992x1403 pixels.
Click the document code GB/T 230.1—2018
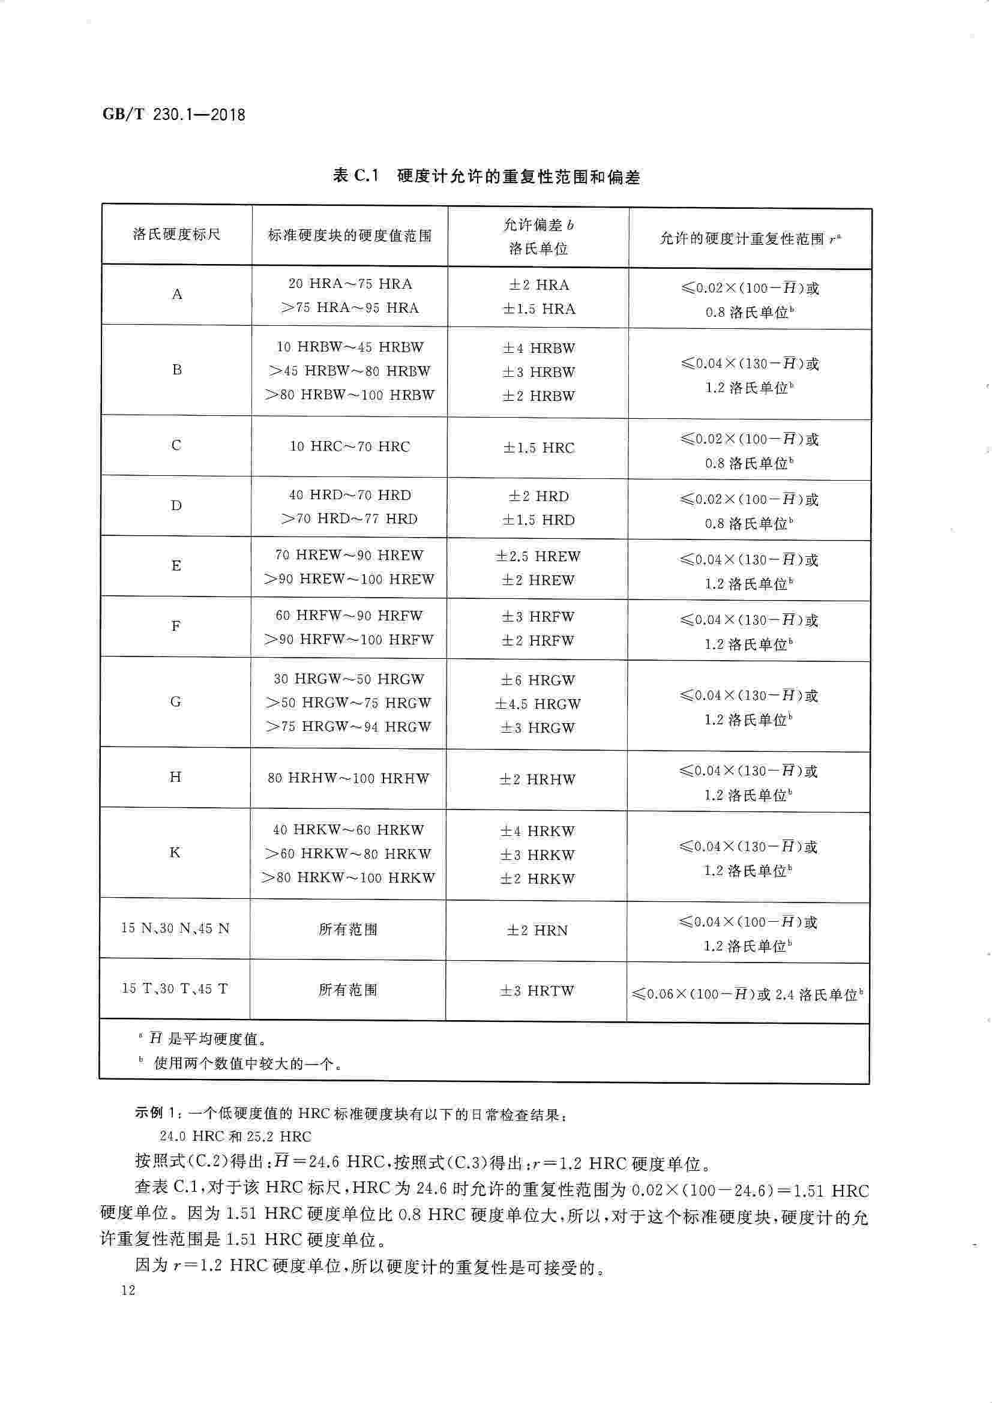(x=173, y=114)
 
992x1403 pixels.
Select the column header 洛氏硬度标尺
(x=176, y=234)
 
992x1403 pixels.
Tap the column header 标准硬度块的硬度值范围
(x=350, y=235)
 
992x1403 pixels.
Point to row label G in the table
(x=175, y=701)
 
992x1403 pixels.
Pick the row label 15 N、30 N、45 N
(x=175, y=928)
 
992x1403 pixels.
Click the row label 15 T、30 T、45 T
(x=175, y=988)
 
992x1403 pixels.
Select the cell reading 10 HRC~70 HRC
(x=349, y=446)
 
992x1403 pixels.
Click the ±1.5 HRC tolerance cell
(x=538, y=448)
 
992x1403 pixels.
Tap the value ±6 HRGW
(x=538, y=680)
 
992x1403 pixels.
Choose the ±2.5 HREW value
(x=538, y=556)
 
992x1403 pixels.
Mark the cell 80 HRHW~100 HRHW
(x=349, y=778)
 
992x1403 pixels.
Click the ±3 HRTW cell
(x=537, y=991)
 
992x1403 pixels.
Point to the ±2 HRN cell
(x=537, y=930)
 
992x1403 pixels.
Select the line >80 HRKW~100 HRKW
(x=349, y=877)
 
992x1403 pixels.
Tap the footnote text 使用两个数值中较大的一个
(x=247, y=1064)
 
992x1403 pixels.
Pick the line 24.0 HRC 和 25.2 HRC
(x=235, y=1137)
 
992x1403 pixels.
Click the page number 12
(x=128, y=1290)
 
